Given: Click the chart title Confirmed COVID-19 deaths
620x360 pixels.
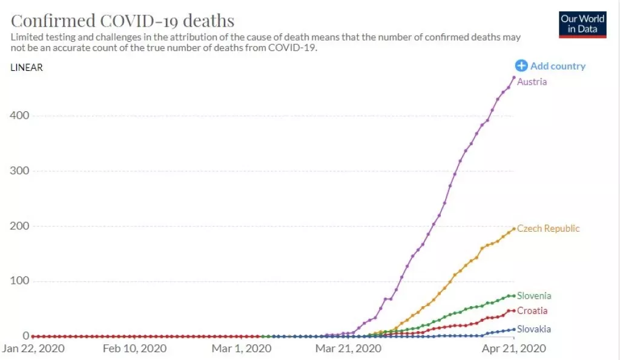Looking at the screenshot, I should click(x=122, y=20).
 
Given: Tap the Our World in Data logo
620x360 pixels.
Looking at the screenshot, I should click(x=582, y=24).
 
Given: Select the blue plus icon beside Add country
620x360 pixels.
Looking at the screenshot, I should click(x=521, y=66).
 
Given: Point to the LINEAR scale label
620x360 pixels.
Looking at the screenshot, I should click(x=27, y=67).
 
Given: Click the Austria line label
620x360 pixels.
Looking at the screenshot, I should click(x=532, y=82).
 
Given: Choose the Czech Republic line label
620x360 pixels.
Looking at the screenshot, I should click(x=548, y=228).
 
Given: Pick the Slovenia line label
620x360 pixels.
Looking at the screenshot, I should click(x=534, y=296).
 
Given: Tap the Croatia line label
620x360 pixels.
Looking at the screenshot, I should click(x=532, y=310).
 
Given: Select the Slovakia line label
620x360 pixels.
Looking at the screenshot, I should click(x=534, y=329).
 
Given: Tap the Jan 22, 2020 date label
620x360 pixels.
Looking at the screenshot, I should click(x=33, y=349).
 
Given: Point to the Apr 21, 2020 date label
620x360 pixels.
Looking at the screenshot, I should click(x=515, y=349).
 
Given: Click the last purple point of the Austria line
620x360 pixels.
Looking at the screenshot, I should click(x=514, y=77).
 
